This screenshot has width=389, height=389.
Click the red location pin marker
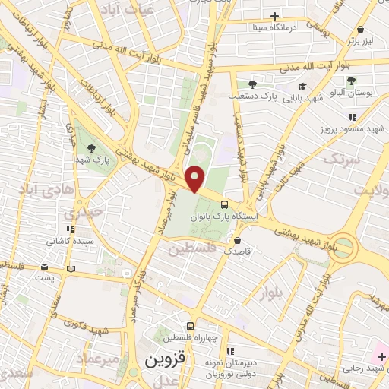click(x=196, y=179)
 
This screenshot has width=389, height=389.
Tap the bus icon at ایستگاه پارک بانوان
click(x=226, y=204)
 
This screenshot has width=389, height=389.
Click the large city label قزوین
click(x=163, y=360)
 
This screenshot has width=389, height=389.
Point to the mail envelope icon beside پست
click(x=45, y=267)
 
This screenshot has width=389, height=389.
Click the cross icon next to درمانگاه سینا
click(x=275, y=15)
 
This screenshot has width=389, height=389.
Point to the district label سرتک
click(x=339, y=160)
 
